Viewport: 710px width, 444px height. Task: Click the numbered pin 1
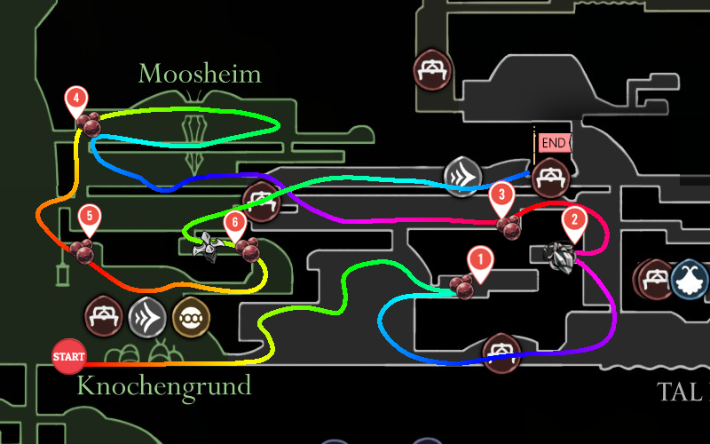tap(480, 260)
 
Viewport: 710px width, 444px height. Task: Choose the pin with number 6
tap(235, 222)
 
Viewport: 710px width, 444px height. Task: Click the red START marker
tap(69, 357)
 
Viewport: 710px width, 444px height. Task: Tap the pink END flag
tap(552, 142)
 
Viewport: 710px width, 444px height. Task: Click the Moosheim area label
tap(200, 74)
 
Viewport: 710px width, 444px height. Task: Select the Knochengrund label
tap(164, 385)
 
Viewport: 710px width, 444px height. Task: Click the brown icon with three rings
tap(190, 315)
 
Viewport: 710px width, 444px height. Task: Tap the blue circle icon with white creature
tap(690, 279)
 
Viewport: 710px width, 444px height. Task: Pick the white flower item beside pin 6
tap(209, 248)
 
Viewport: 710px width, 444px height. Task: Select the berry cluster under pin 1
tap(461, 286)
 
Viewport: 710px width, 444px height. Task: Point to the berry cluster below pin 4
tap(87, 124)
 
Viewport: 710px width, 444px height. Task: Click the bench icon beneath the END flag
tap(550, 178)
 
